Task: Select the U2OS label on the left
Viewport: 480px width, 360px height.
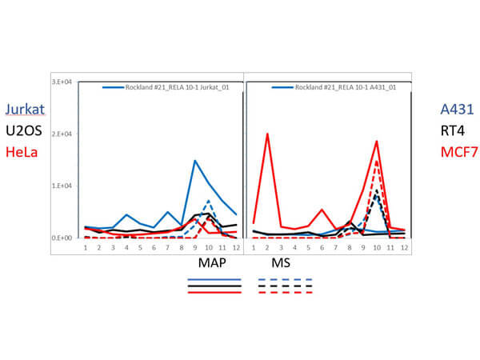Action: pos(25,131)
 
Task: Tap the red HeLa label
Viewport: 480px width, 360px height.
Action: pos(23,151)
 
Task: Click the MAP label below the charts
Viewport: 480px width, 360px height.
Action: pos(213,262)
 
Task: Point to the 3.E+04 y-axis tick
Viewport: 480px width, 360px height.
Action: pos(62,82)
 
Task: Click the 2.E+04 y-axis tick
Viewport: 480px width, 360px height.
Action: pos(62,134)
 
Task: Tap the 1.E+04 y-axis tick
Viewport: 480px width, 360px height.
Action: pos(62,186)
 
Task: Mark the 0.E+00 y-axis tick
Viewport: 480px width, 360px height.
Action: pos(62,238)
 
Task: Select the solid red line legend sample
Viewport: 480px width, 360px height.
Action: pos(214,292)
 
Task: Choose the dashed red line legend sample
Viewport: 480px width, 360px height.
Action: pos(285,292)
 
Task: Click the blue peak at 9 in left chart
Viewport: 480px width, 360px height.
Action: pos(194,161)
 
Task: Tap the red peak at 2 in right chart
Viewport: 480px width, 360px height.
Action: pos(266,134)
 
